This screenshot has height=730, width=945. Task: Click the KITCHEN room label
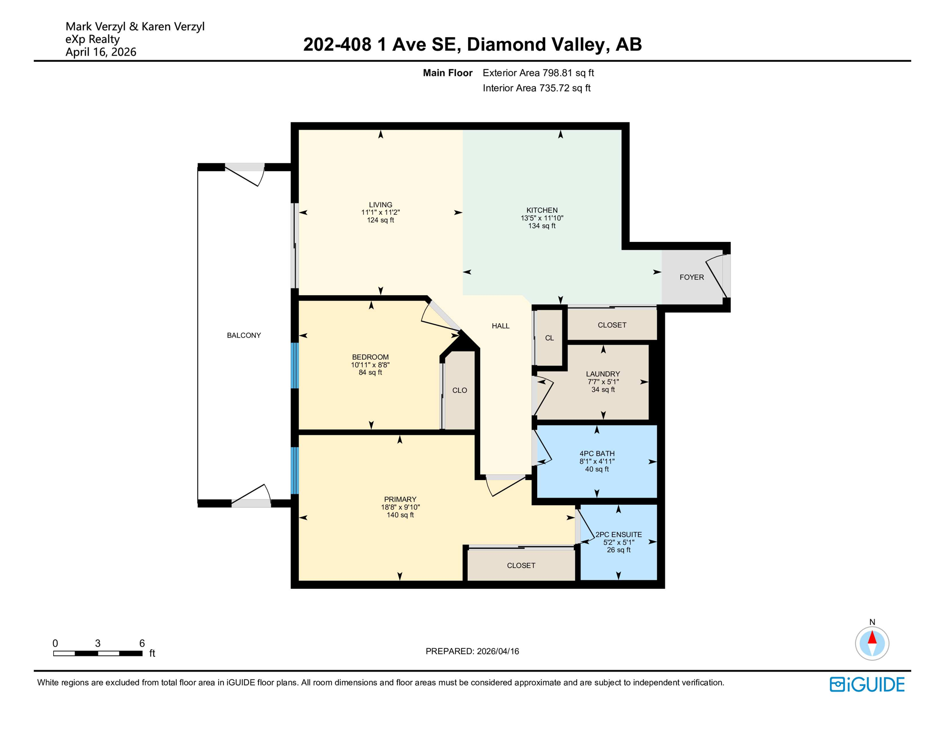click(x=542, y=210)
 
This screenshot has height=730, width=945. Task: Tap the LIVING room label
click(x=380, y=205)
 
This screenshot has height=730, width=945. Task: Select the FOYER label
click(x=692, y=277)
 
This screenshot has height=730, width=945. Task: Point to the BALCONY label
click(x=244, y=335)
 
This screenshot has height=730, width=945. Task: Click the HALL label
click(x=501, y=326)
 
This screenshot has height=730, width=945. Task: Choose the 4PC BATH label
click(x=597, y=453)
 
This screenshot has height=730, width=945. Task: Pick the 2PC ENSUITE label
click(x=618, y=534)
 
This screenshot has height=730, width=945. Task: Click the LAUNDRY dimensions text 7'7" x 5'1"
click(x=603, y=382)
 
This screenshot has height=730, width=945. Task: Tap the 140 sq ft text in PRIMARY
click(x=400, y=515)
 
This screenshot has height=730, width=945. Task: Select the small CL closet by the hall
click(x=550, y=338)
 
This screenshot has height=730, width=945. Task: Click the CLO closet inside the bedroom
click(x=459, y=390)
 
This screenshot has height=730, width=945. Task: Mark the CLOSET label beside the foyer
click(x=612, y=325)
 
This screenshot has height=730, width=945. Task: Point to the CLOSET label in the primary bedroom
click(x=521, y=565)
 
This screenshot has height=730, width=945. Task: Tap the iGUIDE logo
click(x=867, y=684)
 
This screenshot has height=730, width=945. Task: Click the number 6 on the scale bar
click(x=142, y=643)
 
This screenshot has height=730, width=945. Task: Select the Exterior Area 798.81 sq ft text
click(x=538, y=73)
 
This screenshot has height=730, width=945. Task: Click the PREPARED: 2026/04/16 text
click(x=472, y=651)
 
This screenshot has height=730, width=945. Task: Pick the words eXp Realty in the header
click(x=92, y=39)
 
